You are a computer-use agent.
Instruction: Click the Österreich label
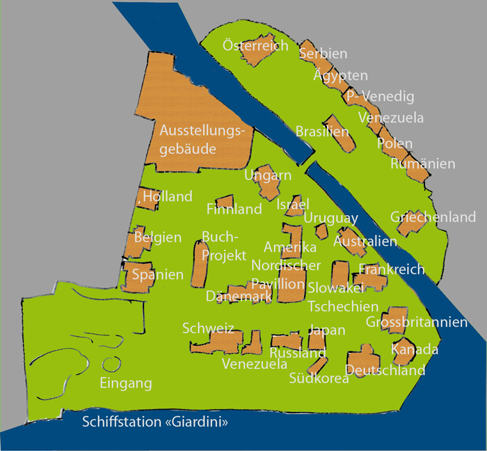click(x=255, y=46)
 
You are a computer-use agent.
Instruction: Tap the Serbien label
click(x=323, y=53)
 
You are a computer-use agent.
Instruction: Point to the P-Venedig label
click(x=380, y=97)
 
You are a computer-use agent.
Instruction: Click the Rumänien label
click(x=423, y=164)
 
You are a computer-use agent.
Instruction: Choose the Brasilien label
click(x=322, y=132)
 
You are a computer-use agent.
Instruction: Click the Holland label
click(x=168, y=197)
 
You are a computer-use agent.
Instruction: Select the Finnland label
click(x=234, y=209)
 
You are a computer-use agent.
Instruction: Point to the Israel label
click(x=292, y=205)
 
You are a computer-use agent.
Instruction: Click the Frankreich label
click(x=392, y=269)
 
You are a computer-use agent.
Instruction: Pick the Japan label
click(x=326, y=330)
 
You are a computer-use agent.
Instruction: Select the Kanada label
click(x=415, y=349)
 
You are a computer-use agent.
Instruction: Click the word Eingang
click(x=126, y=383)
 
